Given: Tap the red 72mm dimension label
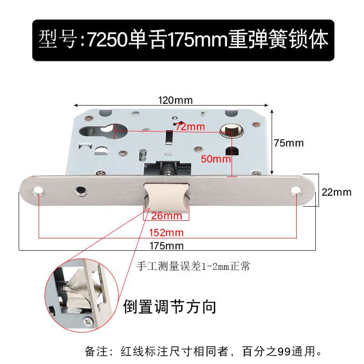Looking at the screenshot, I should [x=190, y=127].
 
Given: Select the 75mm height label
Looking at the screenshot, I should [x=288, y=143].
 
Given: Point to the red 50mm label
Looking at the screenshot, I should [x=216, y=159].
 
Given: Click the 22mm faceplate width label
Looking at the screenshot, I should [x=336, y=192].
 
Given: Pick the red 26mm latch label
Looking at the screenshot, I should [x=167, y=215].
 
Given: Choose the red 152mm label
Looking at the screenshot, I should [x=167, y=233].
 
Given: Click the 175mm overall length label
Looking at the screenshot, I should [x=167, y=246].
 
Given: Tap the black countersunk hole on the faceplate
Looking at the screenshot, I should [x=81, y=190].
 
